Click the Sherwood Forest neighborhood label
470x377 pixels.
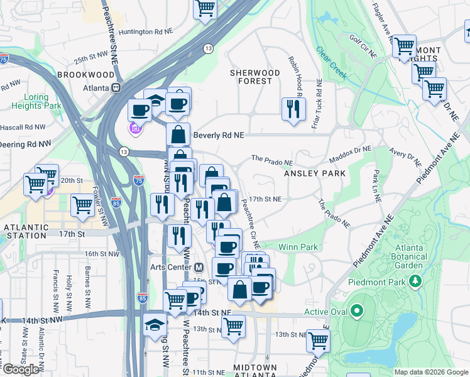[x=251, y=77]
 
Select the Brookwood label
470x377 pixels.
[x=86, y=74]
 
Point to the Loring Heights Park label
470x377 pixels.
[x=36, y=101]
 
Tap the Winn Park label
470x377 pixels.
[x=298, y=247]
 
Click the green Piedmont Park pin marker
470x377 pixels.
[x=415, y=280]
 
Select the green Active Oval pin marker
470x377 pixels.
[x=357, y=311]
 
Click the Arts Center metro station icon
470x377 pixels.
[x=199, y=267]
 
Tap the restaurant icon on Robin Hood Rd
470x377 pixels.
[x=293, y=109]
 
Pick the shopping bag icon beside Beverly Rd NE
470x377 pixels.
[x=178, y=134]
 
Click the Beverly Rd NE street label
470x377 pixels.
[x=217, y=135]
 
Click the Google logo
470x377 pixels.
[x=21, y=369]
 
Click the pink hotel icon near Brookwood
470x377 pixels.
[x=134, y=129]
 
